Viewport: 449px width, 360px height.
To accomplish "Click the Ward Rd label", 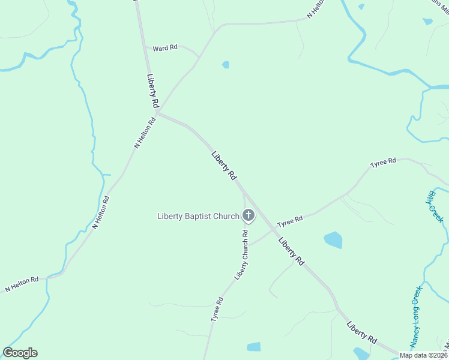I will [x=164, y=48].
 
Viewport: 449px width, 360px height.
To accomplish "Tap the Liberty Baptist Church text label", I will [x=198, y=216].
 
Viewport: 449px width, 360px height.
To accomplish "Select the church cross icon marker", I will [x=248, y=215].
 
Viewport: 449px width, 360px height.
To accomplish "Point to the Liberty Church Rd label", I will [x=241, y=255].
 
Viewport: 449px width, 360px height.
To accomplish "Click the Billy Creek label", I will [x=436, y=206].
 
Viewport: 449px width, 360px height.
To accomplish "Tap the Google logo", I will [x=20, y=353].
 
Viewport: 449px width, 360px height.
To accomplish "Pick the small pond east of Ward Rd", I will [x=226, y=65].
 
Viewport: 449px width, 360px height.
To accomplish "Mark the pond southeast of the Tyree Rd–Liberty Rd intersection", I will [x=333, y=240].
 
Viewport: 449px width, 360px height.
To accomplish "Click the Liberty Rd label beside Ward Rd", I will [x=152, y=92].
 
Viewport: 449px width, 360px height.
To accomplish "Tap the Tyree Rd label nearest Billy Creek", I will [x=383, y=163].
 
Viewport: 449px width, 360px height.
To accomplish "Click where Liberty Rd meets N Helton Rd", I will [x=157, y=112].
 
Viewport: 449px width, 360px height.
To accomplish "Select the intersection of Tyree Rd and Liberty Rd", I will [x=272, y=230].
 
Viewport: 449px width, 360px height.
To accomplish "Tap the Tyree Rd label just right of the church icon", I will [x=290, y=221].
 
